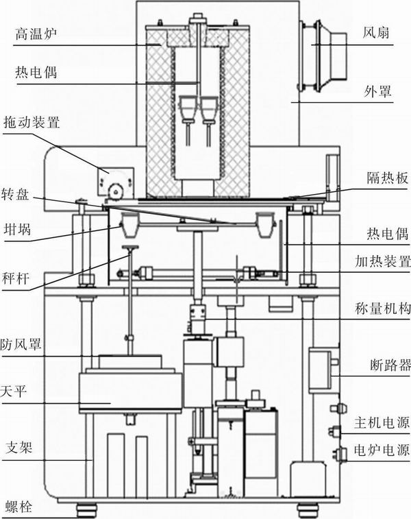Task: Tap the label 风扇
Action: [377, 32]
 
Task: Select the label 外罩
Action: [377, 90]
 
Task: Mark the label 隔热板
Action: [383, 174]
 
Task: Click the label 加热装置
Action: [383, 261]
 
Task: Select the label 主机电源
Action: [383, 421]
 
